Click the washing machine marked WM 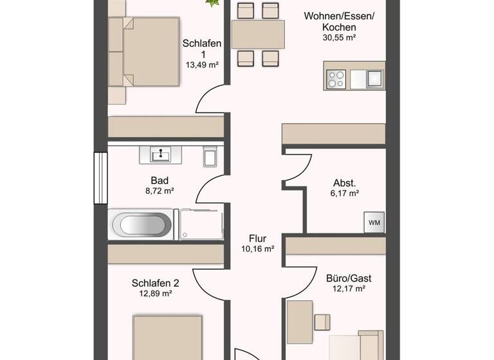tap(374, 222)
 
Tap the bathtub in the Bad tap(142, 224)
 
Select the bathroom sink tap(160, 154)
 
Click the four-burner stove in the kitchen tap(336, 78)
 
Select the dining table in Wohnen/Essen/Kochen tap(258, 35)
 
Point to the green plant tap(212, 3)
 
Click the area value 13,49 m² tap(203, 65)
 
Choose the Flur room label tap(258, 238)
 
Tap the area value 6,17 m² tap(345, 193)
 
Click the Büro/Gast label tap(349, 278)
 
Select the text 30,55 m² tap(339, 38)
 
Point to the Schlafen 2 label tap(155, 283)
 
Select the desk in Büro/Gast tap(299, 321)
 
